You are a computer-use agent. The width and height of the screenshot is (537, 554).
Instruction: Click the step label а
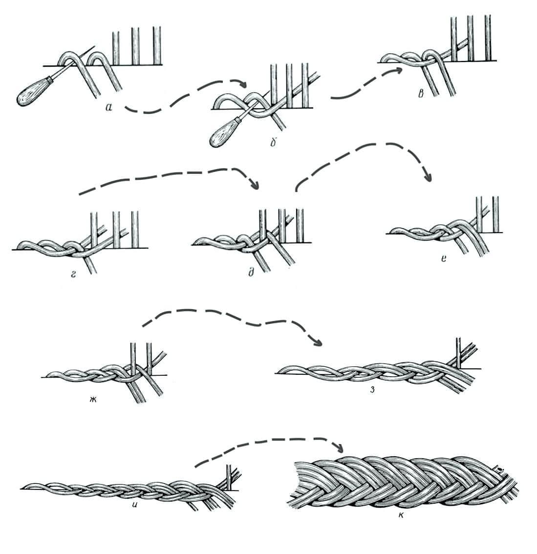(x=109, y=107)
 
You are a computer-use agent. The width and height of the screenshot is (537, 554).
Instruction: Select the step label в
(x=420, y=93)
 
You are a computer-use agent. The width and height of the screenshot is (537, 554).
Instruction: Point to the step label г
(x=74, y=273)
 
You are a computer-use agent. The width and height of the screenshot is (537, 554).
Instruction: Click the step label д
(x=251, y=273)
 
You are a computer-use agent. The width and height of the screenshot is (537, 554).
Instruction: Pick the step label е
(x=443, y=258)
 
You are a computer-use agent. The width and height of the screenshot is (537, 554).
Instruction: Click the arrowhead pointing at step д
(x=254, y=184)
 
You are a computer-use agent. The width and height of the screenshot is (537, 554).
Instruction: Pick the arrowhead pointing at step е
(x=428, y=177)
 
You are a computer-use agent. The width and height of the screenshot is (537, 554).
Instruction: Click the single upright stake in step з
(x=458, y=353)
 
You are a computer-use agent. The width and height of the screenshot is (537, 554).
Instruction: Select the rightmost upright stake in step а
(x=157, y=46)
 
